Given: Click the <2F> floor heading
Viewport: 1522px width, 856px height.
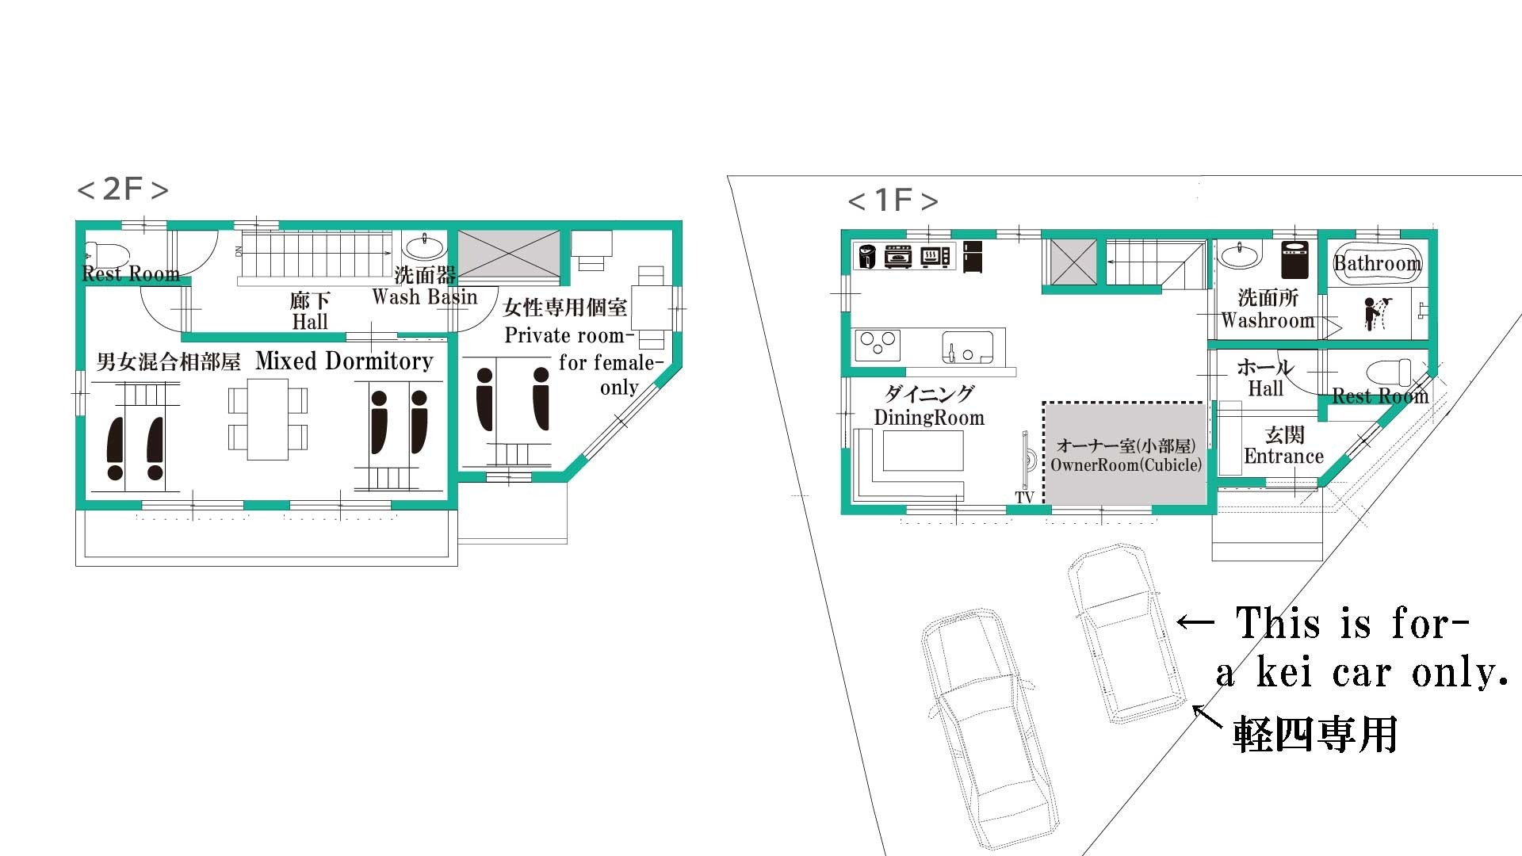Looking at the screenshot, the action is [123, 189].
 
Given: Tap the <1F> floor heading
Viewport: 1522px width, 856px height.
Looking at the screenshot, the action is [893, 200].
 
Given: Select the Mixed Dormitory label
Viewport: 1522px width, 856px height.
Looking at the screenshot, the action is [344, 361].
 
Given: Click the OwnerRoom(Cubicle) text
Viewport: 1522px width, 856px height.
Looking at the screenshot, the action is [1126, 464].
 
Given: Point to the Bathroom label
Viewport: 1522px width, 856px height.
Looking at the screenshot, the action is [1378, 263].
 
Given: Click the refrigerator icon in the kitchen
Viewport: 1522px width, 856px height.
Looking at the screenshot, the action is [973, 257].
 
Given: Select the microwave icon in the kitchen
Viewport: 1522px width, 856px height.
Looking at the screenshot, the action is [935, 257].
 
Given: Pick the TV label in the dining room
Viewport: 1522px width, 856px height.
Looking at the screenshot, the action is [1024, 498].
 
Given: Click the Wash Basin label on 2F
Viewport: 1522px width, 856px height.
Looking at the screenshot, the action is [425, 297].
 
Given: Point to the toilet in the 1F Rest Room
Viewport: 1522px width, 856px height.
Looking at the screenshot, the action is [1389, 373].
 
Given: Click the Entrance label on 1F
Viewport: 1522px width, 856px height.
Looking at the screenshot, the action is [1283, 457].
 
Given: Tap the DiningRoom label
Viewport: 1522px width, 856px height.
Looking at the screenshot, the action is [929, 418].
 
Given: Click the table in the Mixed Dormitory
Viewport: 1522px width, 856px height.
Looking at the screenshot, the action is [268, 419].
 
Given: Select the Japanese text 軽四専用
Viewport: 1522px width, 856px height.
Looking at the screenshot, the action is [1315, 734].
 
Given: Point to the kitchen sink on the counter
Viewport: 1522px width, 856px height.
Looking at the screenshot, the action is [967, 347].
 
